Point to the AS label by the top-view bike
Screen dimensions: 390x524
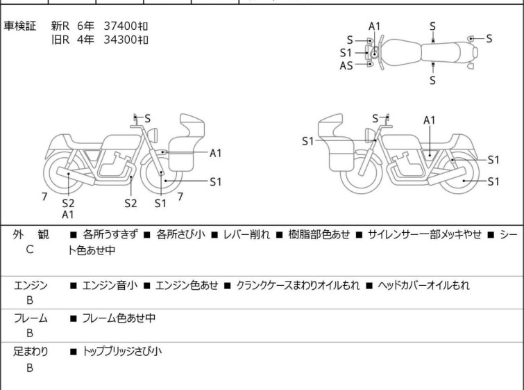346,65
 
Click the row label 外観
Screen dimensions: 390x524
30,235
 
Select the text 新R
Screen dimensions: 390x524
61,26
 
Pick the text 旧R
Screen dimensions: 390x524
61,40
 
